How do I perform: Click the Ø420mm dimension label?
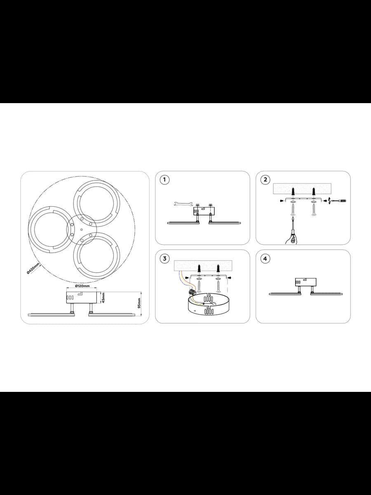(33, 268)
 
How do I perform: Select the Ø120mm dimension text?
(82, 286)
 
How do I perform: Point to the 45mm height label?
(103, 298)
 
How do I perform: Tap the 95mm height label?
(139, 303)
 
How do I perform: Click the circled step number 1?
(164, 180)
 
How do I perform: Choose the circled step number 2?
(265, 179)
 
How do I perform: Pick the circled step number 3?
(164, 259)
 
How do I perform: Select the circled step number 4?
(265, 259)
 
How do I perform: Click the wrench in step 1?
(183, 204)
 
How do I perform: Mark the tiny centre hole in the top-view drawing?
(82, 230)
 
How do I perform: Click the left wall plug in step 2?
(294, 192)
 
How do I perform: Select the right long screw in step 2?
(313, 210)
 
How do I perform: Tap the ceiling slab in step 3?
(203, 266)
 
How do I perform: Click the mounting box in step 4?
(306, 282)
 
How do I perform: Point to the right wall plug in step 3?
(218, 269)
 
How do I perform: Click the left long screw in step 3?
(199, 287)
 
